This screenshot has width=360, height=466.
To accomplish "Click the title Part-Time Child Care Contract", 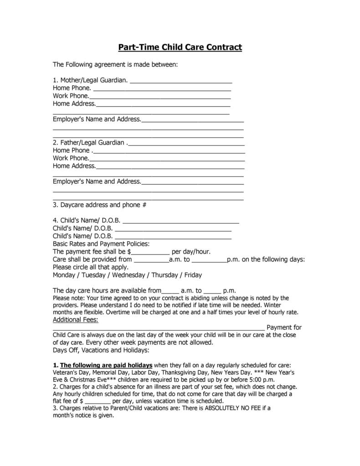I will pos(180,47).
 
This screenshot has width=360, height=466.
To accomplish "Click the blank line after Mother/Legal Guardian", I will pos(181,81).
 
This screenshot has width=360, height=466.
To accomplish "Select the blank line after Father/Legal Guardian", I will pos(186,143).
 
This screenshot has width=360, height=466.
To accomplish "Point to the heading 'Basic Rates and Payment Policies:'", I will pos(101,244).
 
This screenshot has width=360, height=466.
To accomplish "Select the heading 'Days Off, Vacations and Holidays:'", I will pos(101,350).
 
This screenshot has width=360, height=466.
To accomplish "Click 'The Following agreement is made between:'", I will pos(115,64).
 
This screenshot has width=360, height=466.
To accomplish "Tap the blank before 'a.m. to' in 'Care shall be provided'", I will pos(151,259).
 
